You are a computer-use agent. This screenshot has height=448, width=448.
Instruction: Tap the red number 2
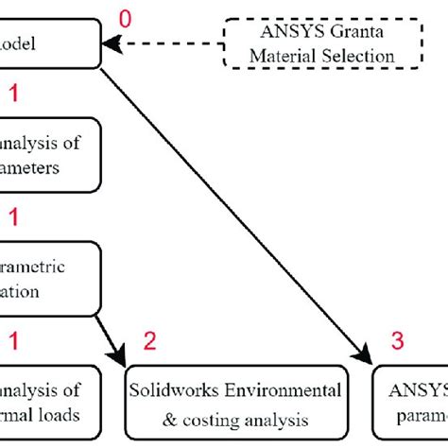(x=151, y=338)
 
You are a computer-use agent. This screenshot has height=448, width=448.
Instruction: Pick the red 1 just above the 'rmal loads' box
(x=12, y=338)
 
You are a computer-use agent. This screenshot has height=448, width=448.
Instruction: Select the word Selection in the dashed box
(x=360, y=56)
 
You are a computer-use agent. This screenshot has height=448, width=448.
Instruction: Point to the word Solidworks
(x=175, y=390)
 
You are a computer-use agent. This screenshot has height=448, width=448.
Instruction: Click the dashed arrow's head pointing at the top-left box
(x=109, y=43)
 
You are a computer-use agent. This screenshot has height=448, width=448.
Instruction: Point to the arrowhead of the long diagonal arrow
(x=367, y=357)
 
